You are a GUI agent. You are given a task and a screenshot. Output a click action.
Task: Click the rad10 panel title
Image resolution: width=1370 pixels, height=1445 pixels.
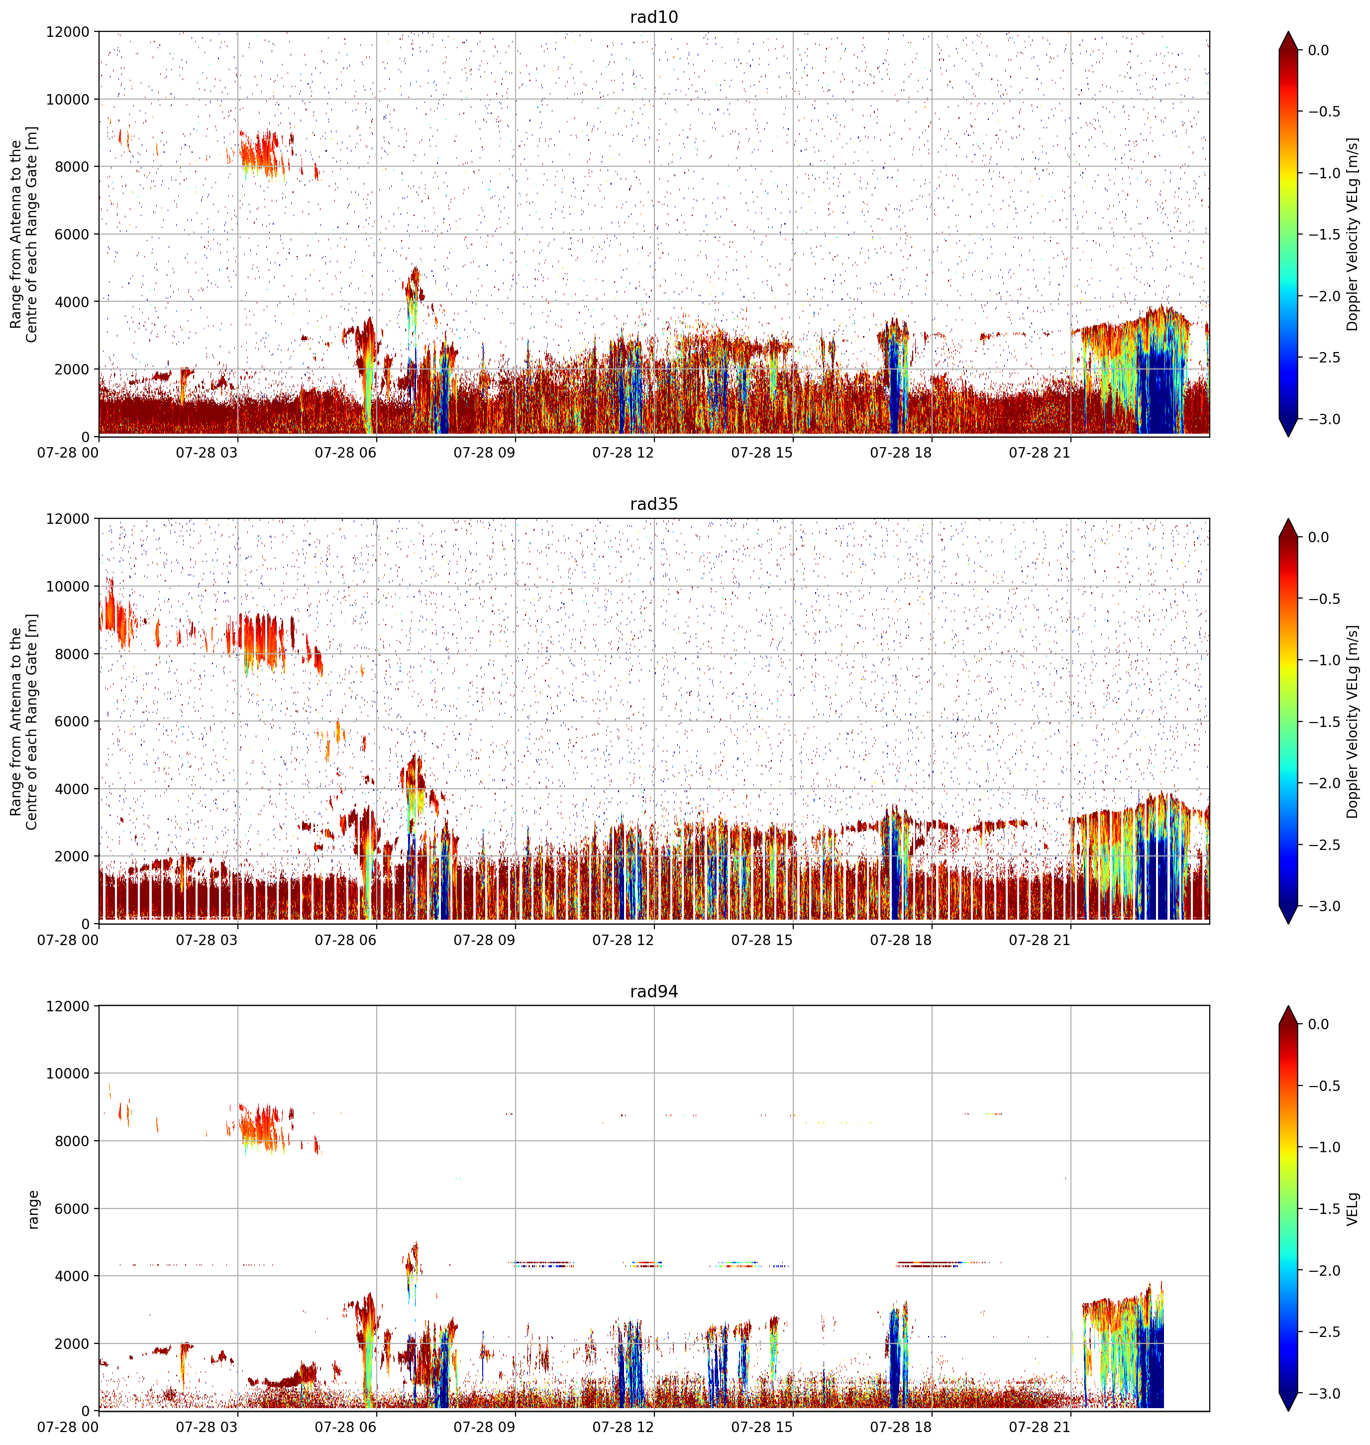653,17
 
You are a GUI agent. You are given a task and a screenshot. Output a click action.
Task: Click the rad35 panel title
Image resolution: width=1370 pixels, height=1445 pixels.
653,504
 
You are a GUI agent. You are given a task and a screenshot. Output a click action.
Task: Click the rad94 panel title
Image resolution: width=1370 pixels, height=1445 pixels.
653,991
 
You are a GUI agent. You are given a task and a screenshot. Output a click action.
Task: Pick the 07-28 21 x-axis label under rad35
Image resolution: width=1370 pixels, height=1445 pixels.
1039,940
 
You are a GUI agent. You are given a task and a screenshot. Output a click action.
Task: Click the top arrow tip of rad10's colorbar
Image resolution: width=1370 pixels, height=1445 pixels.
1289,31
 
